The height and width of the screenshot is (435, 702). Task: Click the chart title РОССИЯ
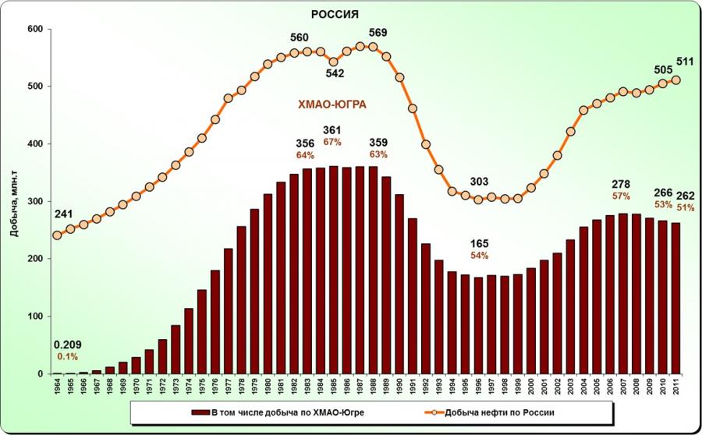[x=335, y=14]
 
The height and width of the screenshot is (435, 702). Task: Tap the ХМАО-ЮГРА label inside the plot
[x=333, y=104]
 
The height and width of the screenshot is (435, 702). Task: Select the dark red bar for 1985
[x=334, y=269]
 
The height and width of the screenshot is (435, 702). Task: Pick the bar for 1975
[x=202, y=331]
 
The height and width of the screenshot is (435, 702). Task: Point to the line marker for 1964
[x=57, y=235]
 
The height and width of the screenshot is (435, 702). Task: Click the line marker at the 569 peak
[x=373, y=46]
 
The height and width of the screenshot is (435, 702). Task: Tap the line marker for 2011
[x=676, y=80]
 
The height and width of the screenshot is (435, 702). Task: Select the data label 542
[x=335, y=74]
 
